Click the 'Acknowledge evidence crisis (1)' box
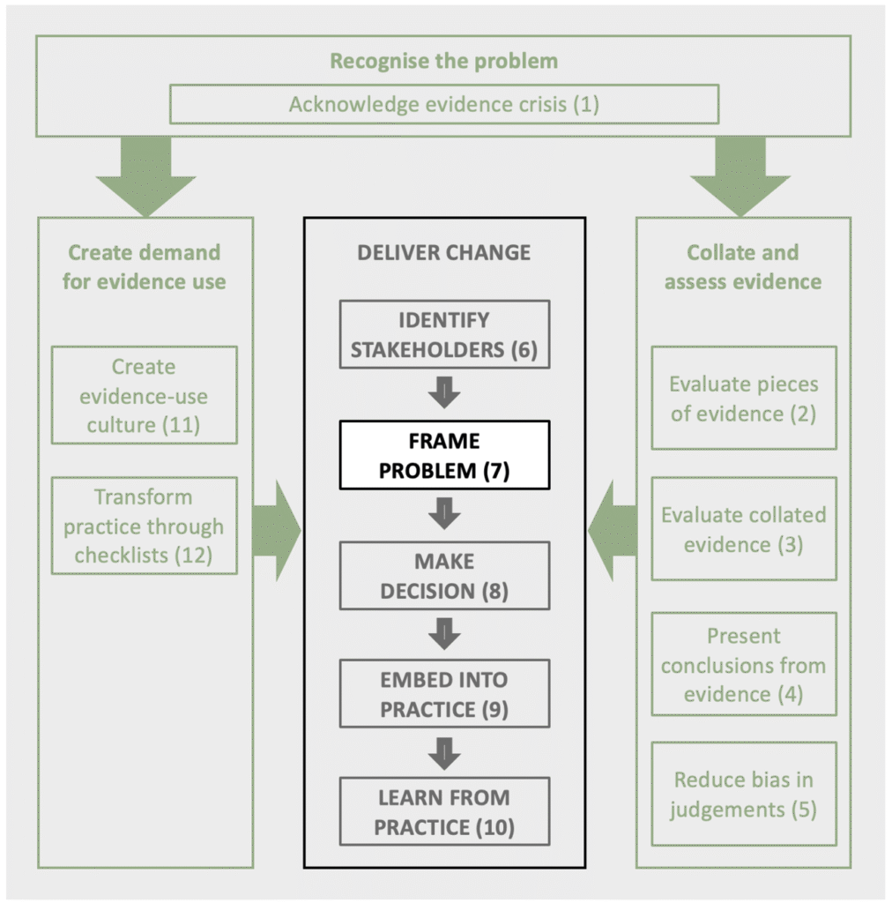444,104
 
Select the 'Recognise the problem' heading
443,61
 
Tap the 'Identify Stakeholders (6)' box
444,334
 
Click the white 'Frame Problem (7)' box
444,455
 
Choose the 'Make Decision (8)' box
444,575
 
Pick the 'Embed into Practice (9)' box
444,693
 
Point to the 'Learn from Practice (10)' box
444,811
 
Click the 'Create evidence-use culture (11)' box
144,395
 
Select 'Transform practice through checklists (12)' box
144,526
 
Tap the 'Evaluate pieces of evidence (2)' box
744,398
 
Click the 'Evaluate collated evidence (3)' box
744,529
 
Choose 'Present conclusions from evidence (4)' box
744,664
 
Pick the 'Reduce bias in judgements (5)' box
744,795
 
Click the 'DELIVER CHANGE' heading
443,253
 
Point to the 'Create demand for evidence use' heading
144,267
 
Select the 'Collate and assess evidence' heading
743,267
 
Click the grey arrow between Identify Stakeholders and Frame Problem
444,392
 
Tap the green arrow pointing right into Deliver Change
277,530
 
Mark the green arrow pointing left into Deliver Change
613,530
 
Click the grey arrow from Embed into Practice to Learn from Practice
444,753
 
